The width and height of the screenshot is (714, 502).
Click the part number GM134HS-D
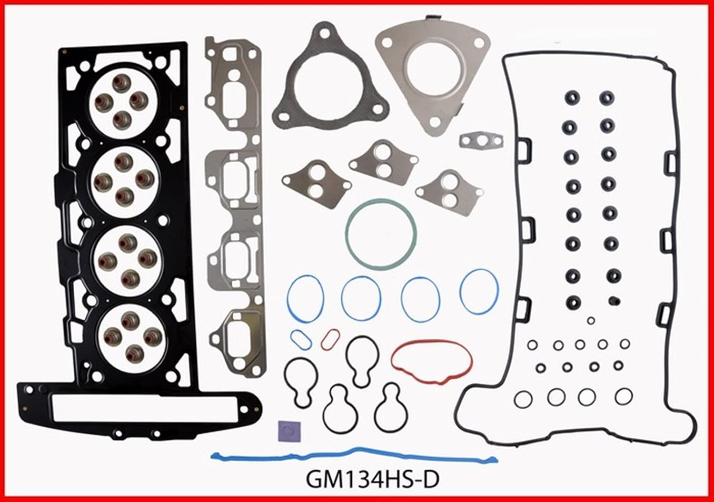[x=373, y=479]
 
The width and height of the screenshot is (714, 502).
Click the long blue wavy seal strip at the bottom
[x=355, y=456]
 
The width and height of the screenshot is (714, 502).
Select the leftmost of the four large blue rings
[x=306, y=298]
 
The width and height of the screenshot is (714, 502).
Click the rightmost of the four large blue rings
[x=479, y=291]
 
